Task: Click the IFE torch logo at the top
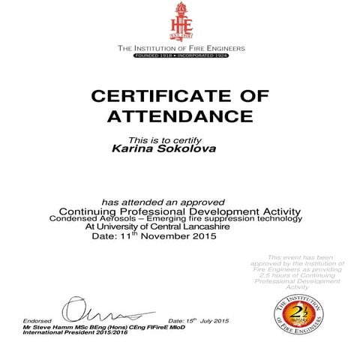coord(180,22)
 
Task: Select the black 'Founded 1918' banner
coord(181,55)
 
